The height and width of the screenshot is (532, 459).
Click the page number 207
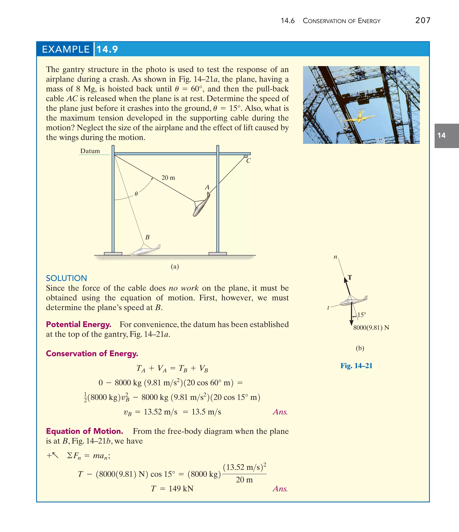pos(422,20)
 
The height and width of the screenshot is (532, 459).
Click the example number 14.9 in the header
pos(107,49)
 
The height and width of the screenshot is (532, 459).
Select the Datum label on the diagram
pos(90,151)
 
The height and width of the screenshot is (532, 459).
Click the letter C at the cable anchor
pos(248,161)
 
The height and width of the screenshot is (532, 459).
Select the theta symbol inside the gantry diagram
pos(136,194)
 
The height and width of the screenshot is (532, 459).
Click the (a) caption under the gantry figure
pos(175,267)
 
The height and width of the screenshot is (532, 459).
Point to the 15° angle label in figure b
pos(362,315)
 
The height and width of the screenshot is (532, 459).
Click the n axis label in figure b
pos(335,257)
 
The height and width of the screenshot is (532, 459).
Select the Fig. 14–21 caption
pos(356,366)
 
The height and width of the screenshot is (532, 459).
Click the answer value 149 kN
pos(181,488)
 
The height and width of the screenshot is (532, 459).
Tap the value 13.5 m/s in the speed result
pos(206,412)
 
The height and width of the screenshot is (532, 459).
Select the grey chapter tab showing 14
pos(446,136)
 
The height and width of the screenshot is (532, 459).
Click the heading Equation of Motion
pos(84,431)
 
